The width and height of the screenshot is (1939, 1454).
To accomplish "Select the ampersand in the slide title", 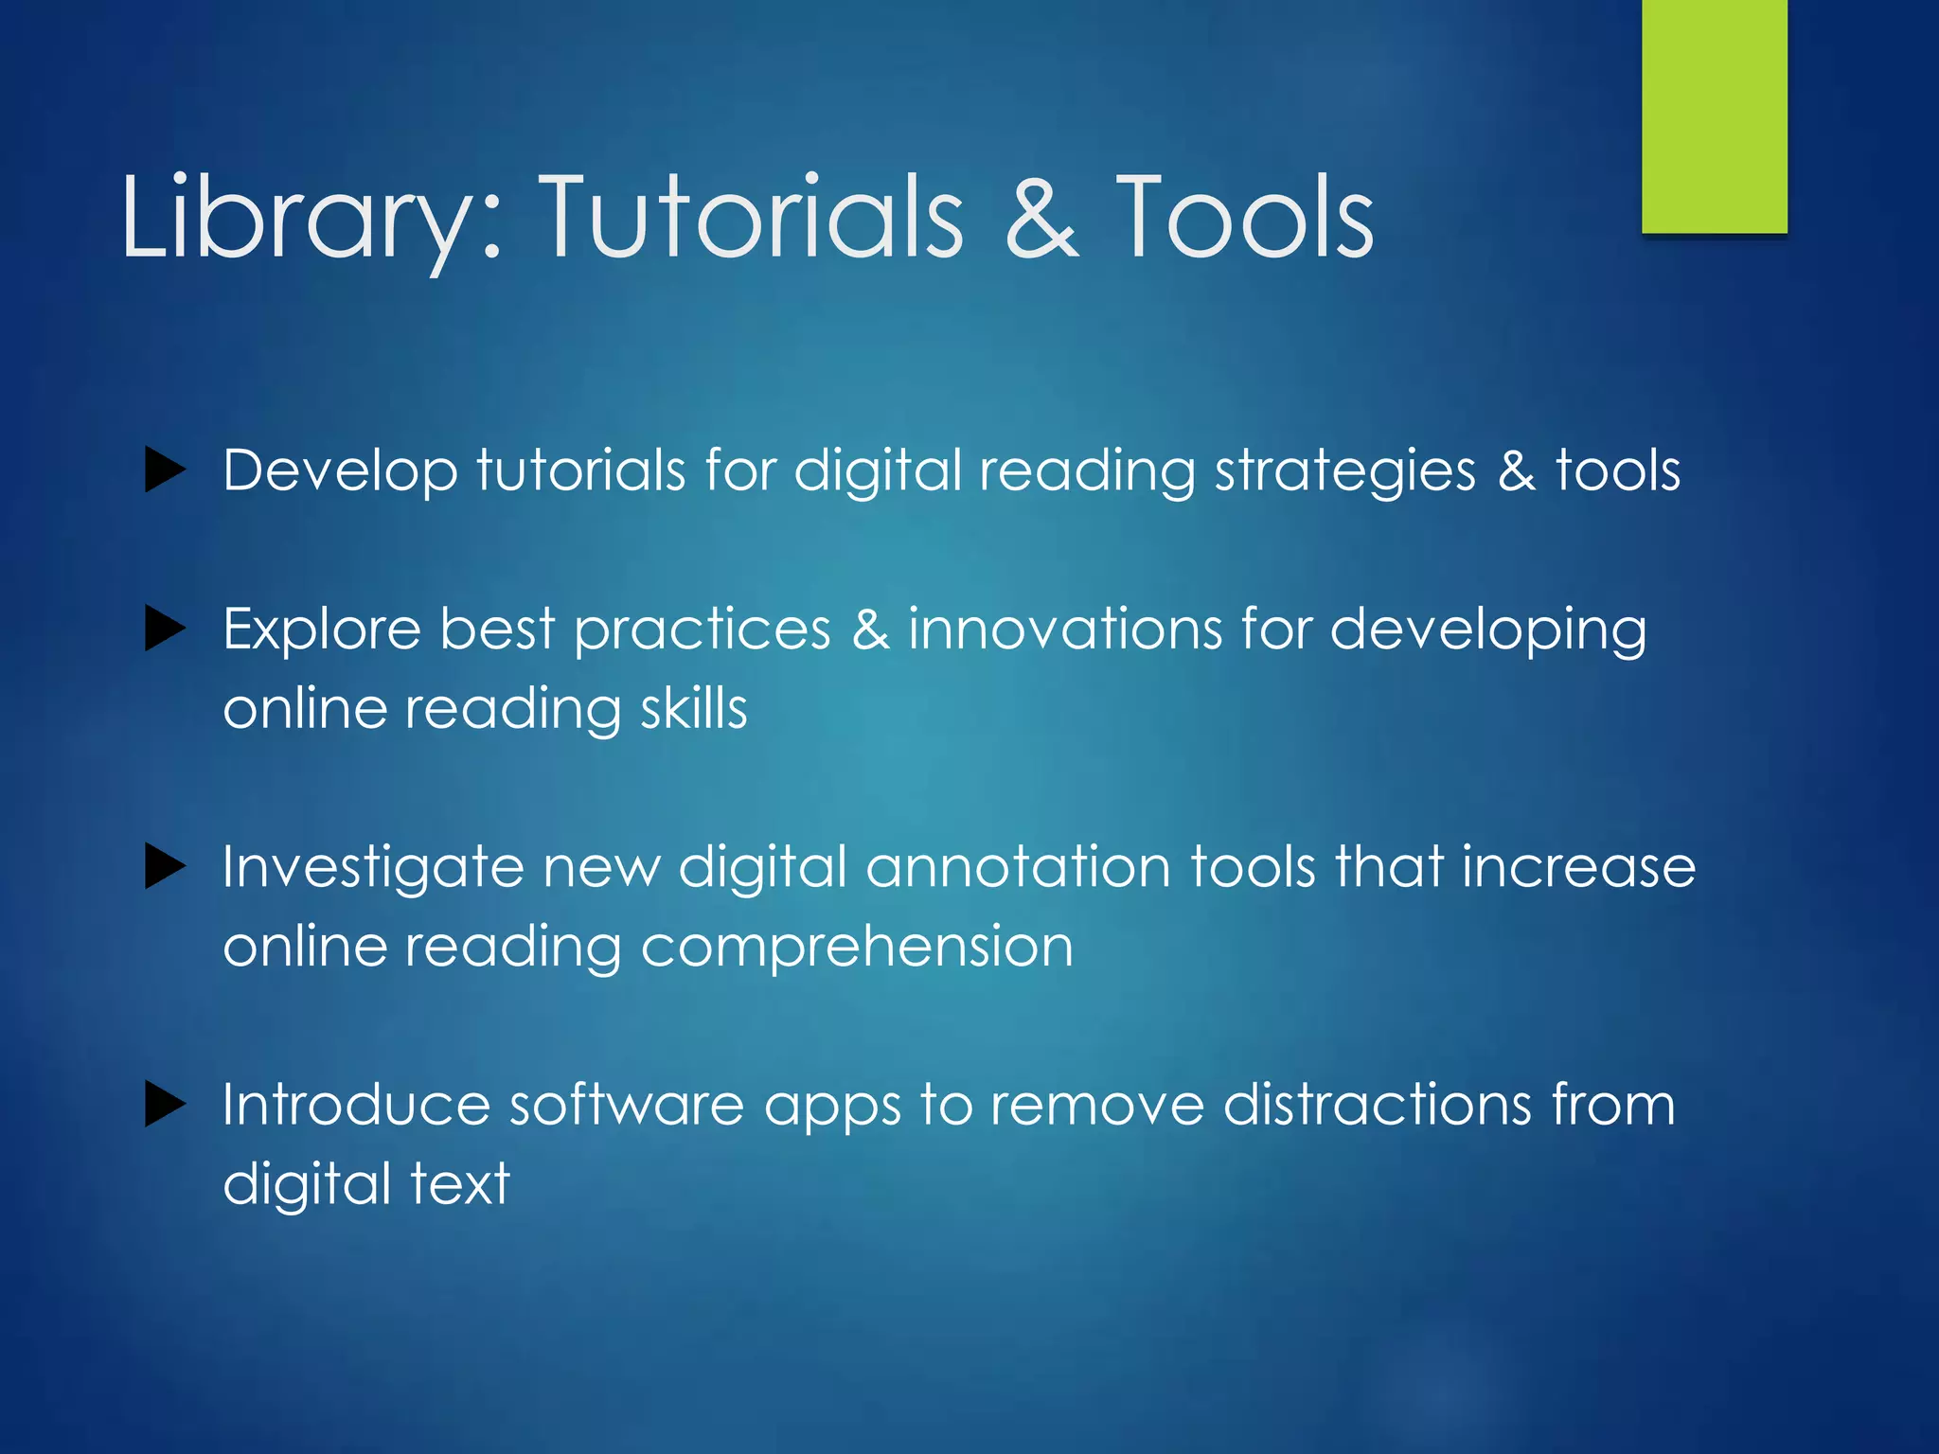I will pyautogui.click(x=1041, y=218).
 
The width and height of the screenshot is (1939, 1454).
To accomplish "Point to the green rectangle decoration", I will pyautogui.click(x=1714, y=115).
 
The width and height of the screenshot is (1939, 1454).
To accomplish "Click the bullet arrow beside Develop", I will pyautogui.click(x=165, y=470).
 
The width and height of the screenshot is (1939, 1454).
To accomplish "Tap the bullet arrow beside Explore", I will pyautogui.click(x=165, y=629).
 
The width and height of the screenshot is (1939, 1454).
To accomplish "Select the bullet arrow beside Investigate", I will pyautogui.click(x=165, y=867).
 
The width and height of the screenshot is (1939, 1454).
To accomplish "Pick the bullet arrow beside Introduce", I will pyautogui.click(x=165, y=1105).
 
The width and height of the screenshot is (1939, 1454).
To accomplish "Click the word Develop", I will pyautogui.click(x=340, y=470).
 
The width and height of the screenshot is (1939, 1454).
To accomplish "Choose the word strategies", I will pyautogui.click(x=1344, y=470).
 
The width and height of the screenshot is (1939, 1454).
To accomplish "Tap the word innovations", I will pyautogui.click(x=1065, y=629).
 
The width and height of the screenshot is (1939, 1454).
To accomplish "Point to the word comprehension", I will pyautogui.click(x=857, y=947).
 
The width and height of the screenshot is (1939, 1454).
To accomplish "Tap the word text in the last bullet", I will pyautogui.click(x=460, y=1184).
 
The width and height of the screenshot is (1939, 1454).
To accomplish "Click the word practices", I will pyautogui.click(x=703, y=629).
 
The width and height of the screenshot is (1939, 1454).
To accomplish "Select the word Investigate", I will pyautogui.click(x=373, y=867).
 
